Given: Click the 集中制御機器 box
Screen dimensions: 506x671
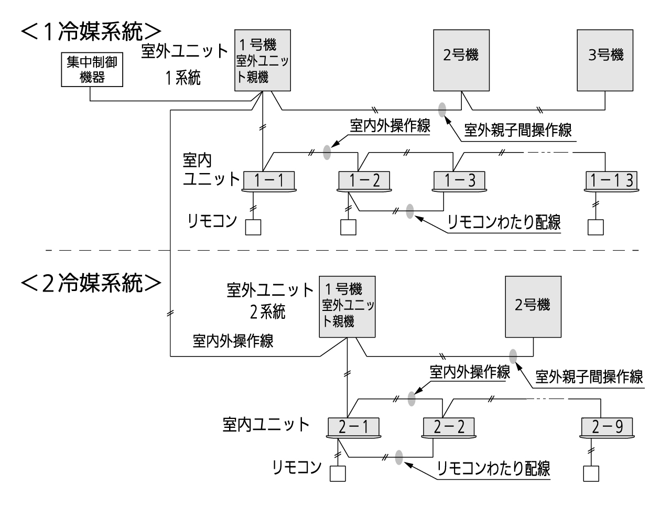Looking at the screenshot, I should [92, 70].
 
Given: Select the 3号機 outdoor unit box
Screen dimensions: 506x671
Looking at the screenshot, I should [605, 60].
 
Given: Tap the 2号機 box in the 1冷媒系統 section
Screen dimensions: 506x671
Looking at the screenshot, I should [461, 60].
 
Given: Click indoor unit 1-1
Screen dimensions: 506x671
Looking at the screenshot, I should [270, 180].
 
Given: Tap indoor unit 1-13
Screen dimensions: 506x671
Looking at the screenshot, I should [612, 180].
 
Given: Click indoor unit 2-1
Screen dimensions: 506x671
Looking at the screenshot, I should [355, 427].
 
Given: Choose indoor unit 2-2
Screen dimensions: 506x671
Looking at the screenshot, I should [450, 427].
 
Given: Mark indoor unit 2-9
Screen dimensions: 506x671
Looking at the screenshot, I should [607, 427].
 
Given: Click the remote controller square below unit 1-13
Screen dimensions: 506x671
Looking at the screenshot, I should [596, 227].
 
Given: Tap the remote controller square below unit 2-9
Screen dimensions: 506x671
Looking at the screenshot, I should [591, 473].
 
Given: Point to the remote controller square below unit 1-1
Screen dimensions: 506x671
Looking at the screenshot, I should [254, 227].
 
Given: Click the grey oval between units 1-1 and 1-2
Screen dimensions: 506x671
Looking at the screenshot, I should [327, 153].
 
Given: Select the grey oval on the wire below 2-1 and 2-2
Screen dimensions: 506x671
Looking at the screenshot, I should [399, 457].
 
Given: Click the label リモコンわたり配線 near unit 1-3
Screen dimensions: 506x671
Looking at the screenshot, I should [504, 223].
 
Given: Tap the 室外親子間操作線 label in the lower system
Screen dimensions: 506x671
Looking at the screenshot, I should [589, 376].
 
